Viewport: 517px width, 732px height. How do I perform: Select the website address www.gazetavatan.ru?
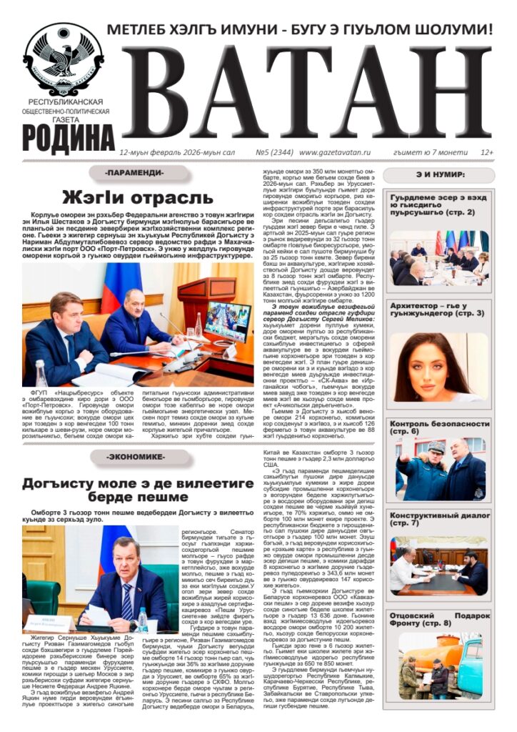335,152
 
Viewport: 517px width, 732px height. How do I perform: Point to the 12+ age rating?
487,152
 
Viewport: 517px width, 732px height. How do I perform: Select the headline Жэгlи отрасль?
137,197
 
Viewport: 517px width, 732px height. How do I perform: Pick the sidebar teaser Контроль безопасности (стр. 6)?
439,427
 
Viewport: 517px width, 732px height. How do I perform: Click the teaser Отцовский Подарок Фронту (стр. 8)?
439,618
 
